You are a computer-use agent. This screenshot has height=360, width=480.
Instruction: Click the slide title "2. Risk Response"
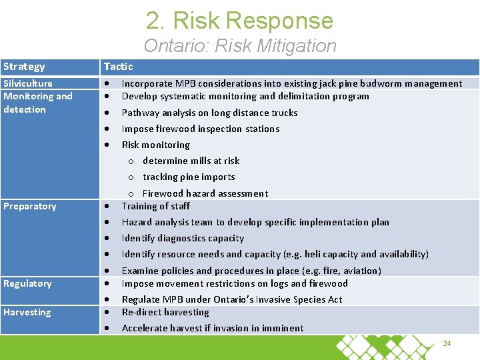click(240, 21)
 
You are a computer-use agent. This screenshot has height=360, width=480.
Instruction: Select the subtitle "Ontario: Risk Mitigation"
click(240, 46)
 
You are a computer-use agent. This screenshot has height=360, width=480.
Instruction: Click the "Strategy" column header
click(24, 67)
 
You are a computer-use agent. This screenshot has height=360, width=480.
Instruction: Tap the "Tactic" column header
click(118, 67)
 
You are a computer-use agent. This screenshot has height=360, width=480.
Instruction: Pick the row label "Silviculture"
click(28, 83)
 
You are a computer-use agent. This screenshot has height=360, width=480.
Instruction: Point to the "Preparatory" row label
click(30, 206)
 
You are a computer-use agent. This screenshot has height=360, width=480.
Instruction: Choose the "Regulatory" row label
click(27, 283)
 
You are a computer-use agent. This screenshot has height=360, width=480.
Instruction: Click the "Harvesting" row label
click(27, 312)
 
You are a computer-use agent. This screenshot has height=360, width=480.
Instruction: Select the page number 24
click(447, 343)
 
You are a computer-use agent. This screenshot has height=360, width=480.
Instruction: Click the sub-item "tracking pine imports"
click(189, 177)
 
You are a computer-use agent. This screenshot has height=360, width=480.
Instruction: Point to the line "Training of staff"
click(155, 206)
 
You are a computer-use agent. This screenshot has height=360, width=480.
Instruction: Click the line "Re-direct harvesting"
click(165, 312)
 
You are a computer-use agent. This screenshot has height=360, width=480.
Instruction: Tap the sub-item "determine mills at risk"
click(191, 161)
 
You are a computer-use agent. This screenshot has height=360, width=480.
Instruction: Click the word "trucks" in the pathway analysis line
click(283, 113)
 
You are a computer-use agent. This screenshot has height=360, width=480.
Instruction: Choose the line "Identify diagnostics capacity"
click(183, 238)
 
